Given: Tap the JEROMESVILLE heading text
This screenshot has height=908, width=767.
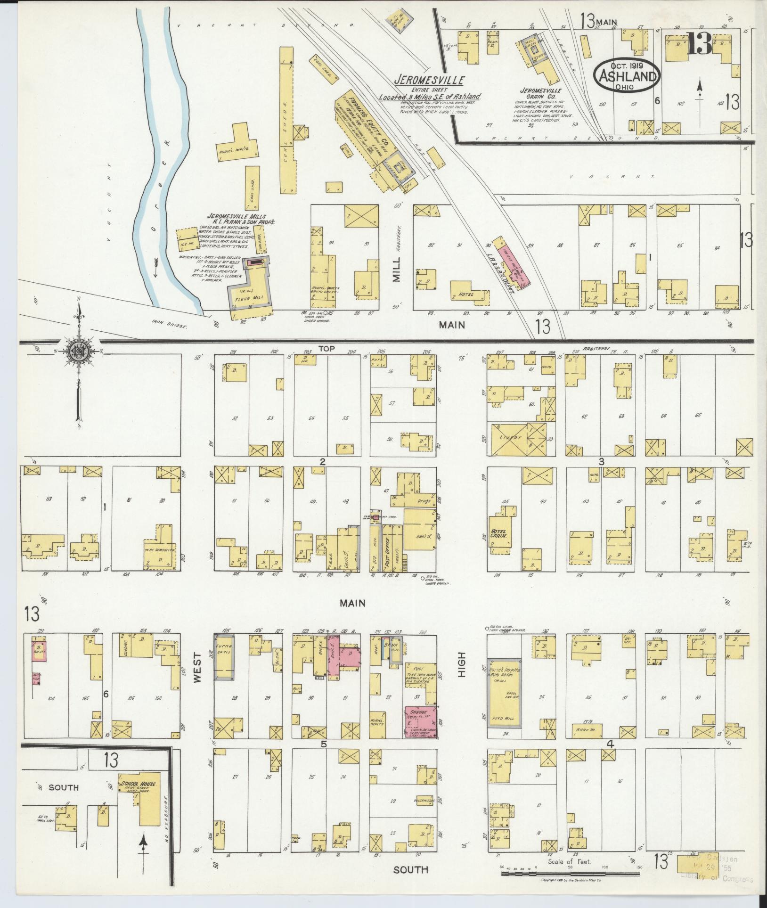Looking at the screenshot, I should [430, 80].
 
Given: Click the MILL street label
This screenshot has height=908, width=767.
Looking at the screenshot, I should [396, 269].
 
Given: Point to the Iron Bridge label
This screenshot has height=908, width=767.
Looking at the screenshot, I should [177, 326].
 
